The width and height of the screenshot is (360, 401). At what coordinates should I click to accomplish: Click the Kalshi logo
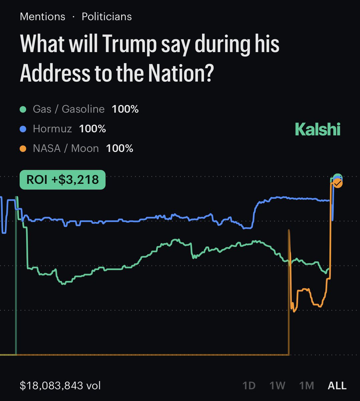click(318, 129)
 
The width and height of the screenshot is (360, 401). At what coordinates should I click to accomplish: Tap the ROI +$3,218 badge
click(62, 180)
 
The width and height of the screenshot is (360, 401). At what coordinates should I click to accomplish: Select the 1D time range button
click(249, 385)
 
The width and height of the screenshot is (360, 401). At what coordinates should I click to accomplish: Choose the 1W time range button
click(277, 385)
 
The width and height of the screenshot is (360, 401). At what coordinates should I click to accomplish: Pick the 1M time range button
click(307, 385)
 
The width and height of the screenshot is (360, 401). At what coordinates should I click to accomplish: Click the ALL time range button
click(337, 385)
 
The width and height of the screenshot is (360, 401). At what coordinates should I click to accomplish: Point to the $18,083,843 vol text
click(60, 385)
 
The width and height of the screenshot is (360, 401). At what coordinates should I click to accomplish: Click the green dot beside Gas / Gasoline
click(23, 109)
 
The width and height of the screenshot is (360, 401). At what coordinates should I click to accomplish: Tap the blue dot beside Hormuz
click(23, 129)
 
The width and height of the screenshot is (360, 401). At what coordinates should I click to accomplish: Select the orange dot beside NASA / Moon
click(23, 149)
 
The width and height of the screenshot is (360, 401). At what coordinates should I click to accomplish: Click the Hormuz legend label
click(52, 129)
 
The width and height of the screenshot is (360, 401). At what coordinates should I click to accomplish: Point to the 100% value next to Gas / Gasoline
click(125, 109)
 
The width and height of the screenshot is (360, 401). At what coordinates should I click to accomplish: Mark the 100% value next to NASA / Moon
click(120, 148)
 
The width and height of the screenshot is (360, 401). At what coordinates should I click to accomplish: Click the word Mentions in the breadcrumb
click(42, 17)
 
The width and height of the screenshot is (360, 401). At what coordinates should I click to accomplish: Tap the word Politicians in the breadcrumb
click(107, 17)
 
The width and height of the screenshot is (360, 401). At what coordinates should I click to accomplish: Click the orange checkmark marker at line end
click(338, 183)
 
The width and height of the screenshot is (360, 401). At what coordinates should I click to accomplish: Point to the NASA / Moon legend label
click(66, 148)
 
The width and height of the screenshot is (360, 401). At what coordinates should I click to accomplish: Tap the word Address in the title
click(55, 73)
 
